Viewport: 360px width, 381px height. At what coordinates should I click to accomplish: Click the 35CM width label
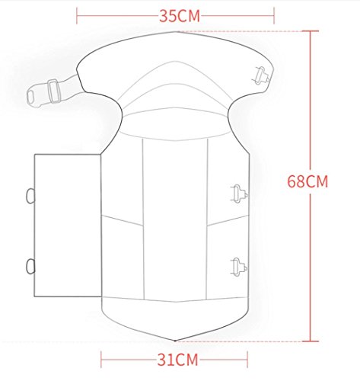click(x=180, y=16)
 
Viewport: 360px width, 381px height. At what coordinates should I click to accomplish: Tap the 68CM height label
click(x=307, y=181)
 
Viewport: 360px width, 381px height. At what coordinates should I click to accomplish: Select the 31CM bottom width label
click(x=177, y=360)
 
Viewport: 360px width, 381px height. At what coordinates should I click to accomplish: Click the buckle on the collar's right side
click(x=263, y=75)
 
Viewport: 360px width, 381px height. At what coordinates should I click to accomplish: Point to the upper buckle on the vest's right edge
click(x=239, y=194)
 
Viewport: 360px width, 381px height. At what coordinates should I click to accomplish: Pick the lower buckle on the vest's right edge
click(x=239, y=267)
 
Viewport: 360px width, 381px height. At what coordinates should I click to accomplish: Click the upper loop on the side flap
click(x=30, y=196)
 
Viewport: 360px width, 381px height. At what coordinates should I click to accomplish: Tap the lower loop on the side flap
click(x=30, y=267)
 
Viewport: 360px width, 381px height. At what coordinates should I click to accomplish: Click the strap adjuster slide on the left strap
click(x=54, y=91)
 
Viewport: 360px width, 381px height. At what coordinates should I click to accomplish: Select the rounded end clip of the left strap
click(x=33, y=97)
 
